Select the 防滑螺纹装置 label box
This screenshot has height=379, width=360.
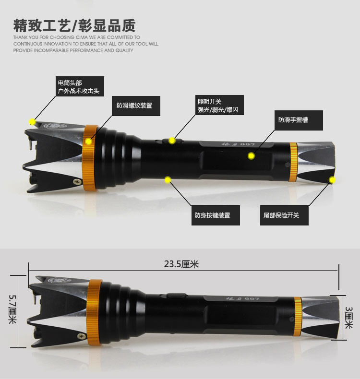point(136,106)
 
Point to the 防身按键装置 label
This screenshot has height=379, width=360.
point(212,215)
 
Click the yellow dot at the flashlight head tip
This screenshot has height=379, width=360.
point(32,121)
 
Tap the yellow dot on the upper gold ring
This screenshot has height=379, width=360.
point(89,141)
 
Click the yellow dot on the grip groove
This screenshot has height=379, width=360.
point(251,155)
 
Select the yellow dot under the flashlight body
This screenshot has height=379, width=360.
point(168,180)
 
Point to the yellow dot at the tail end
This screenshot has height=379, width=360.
point(332,180)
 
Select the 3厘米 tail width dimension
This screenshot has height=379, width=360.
point(349,316)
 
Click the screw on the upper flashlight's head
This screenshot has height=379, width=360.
point(76,181)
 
